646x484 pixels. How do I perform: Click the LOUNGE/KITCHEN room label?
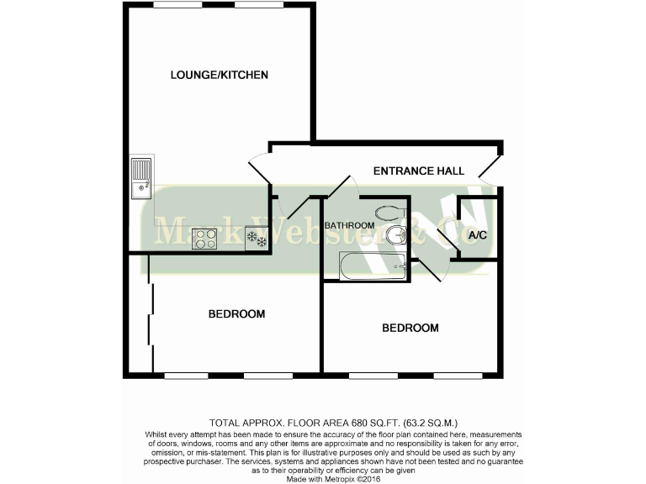219,75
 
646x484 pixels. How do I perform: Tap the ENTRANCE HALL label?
419,171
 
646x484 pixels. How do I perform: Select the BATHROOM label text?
349,225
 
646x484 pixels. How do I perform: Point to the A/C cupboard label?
477,235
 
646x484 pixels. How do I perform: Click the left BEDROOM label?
236,314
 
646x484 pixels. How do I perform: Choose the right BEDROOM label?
410,328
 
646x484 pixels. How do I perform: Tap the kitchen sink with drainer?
140,178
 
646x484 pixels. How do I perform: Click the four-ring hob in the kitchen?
204,239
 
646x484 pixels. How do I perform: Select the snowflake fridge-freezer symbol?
256,239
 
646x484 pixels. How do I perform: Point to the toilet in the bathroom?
389,213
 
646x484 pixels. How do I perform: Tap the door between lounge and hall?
260,169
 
